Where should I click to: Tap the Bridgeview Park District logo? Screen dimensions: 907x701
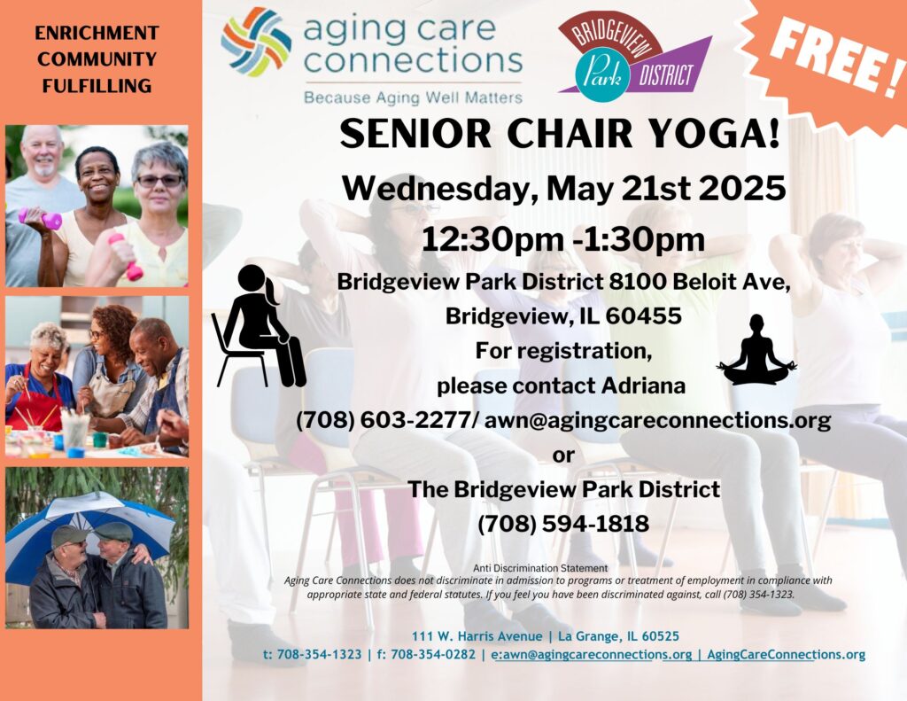pos(634,57)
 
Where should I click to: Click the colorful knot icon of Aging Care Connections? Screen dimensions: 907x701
pos(256,43)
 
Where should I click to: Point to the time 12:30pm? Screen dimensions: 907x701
pos(492,239)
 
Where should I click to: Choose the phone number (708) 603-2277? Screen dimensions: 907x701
pos(384,421)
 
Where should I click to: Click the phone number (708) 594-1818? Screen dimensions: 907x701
pos(563,524)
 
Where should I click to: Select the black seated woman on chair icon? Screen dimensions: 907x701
pos(258,326)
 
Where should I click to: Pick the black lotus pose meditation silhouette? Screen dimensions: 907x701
pos(756,350)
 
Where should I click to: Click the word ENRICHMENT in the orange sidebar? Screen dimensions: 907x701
pos(97,33)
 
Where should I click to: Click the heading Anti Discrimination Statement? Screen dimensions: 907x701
pos(540,568)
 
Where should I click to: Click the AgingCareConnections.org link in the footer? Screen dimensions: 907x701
pos(787,655)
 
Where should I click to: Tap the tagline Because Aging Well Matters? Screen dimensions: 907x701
pos(413,97)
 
